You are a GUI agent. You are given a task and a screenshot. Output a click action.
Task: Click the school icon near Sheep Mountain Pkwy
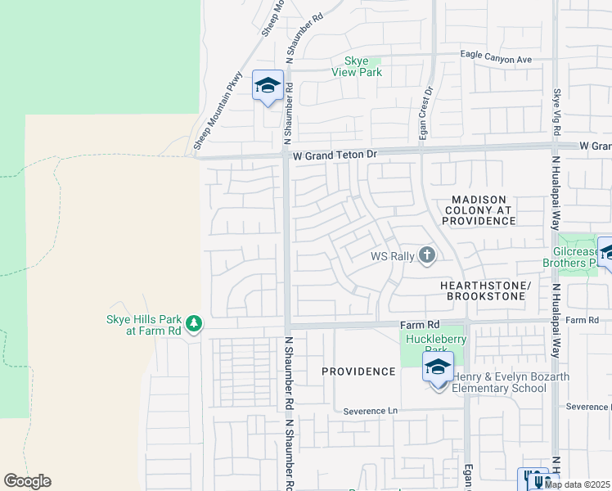point(268,86)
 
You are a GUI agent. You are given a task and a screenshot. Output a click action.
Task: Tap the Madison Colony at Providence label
point(479,210)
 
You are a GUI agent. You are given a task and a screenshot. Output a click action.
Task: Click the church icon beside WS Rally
point(426,256)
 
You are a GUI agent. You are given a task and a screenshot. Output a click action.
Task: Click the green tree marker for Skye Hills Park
point(194,325)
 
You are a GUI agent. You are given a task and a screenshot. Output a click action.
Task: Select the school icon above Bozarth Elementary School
point(438,367)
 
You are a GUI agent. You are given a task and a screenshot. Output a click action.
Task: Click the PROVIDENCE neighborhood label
point(358,372)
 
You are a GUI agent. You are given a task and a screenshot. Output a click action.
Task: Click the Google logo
point(27,481)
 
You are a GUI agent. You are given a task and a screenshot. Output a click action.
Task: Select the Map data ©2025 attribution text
point(577,484)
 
